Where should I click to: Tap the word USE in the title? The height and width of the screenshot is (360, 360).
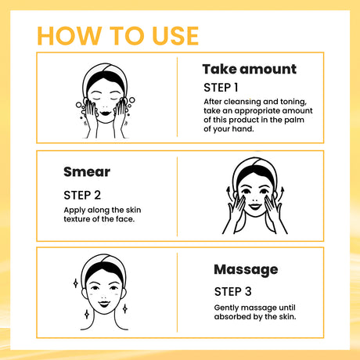click(x=171, y=35)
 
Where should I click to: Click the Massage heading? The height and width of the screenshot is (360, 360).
click(x=246, y=269)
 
